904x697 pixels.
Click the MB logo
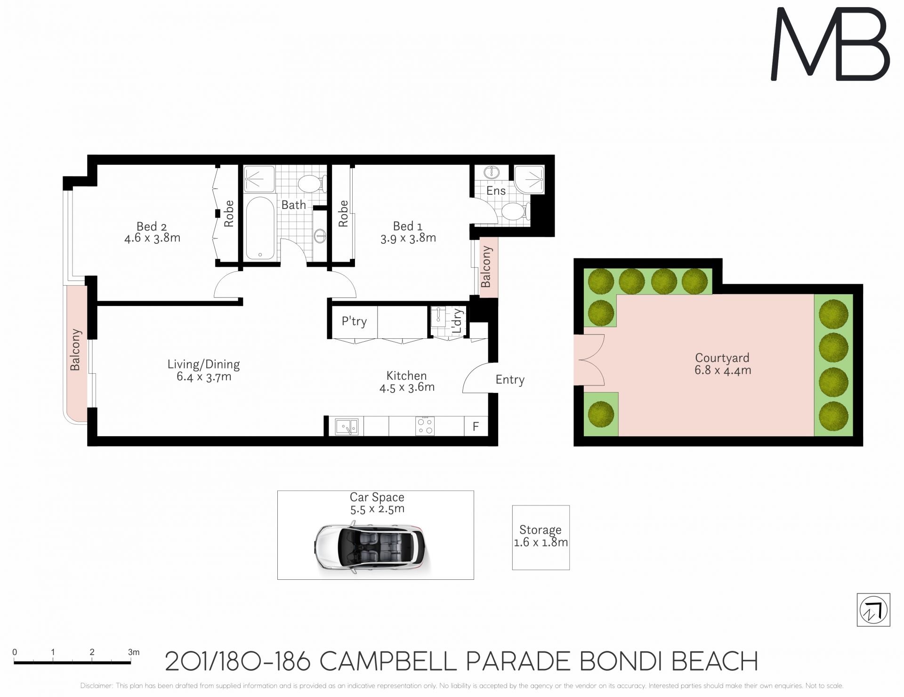[830, 44]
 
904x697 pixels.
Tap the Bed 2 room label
[152, 226]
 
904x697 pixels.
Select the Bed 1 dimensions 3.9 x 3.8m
[408, 238]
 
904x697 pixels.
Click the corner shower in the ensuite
[529, 180]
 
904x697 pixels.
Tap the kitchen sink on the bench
[347, 426]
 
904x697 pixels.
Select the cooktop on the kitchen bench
[425, 426]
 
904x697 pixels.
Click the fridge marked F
[476, 426]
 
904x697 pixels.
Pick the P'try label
[354, 321]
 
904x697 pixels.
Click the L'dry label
[457, 321]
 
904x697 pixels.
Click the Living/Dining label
[203, 364]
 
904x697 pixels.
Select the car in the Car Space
[370, 545]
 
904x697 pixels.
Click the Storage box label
[541, 530]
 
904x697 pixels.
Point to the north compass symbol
[873, 610]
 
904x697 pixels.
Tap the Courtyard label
[722, 358]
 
